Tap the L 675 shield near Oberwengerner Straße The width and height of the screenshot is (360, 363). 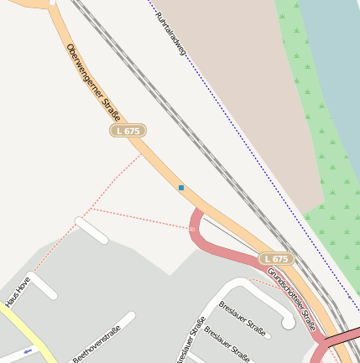click(x=128, y=131)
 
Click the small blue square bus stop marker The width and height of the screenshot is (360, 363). click(x=181, y=188)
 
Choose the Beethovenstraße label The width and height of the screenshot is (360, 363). click(x=97, y=344)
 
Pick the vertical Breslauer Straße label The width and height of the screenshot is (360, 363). click(x=190, y=340)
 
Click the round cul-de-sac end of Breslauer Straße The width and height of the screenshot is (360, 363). click(x=288, y=322)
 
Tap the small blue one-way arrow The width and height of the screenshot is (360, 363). click(x=29, y=353)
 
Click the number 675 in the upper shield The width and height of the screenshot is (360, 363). click(x=133, y=131)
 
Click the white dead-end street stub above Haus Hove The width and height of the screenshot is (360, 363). click(x=91, y=230)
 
